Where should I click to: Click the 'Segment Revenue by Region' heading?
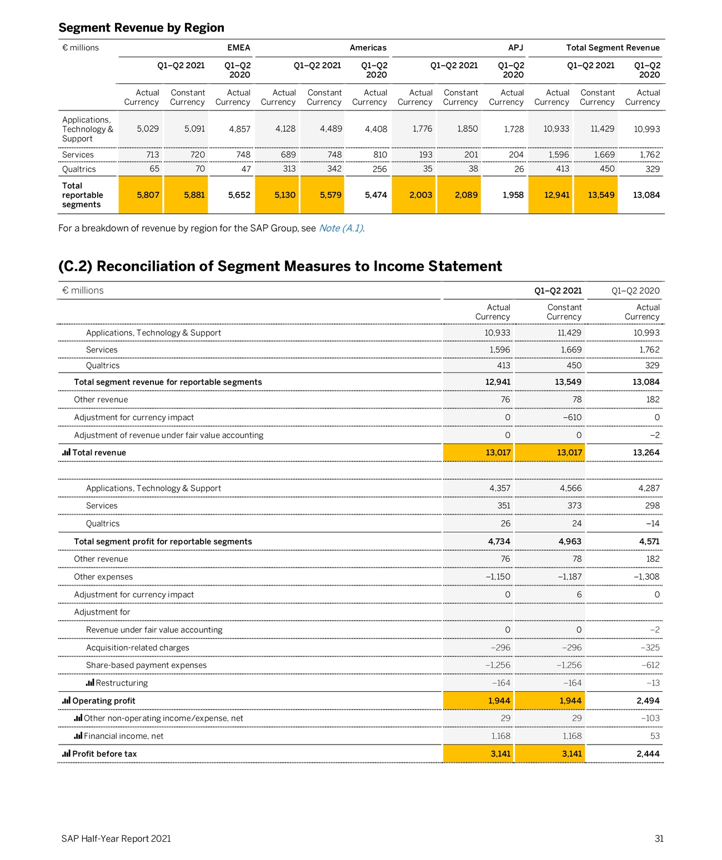pyautogui.click(x=141, y=28)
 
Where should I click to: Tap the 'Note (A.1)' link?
pyautogui.click(x=341, y=228)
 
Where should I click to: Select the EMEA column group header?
pyautogui.click(x=239, y=48)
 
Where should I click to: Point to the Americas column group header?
pyautogui.click(x=368, y=48)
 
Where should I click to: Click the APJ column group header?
pyautogui.click(x=515, y=48)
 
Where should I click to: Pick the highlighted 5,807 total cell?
pyautogui.click(x=148, y=195)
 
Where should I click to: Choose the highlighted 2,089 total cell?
pyautogui.click(x=466, y=195)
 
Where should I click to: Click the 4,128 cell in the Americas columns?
pyautogui.click(x=285, y=129)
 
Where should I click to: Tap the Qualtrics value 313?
pyautogui.click(x=289, y=169)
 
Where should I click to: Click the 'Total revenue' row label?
pyautogui.click(x=99, y=452)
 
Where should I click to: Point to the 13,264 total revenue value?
pyautogui.click(x=646, y=452)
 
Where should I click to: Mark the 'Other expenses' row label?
pyautogui.click(x=103, y=577)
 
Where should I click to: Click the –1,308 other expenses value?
pyautogui.click(x=646, y=577)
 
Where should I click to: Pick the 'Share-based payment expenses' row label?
pyautogui.click(x=146, y=665)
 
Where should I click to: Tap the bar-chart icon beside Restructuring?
pyautogui.click(x=90, y=683)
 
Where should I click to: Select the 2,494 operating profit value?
pyautogui.click(x=648, y=701)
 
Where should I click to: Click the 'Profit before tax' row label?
pyautogui.click(x=104, y=754)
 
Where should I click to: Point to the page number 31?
pyautogui.click(x=659, y=839)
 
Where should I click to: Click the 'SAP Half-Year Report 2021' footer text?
pyautogui.click(x=116, y=839)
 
